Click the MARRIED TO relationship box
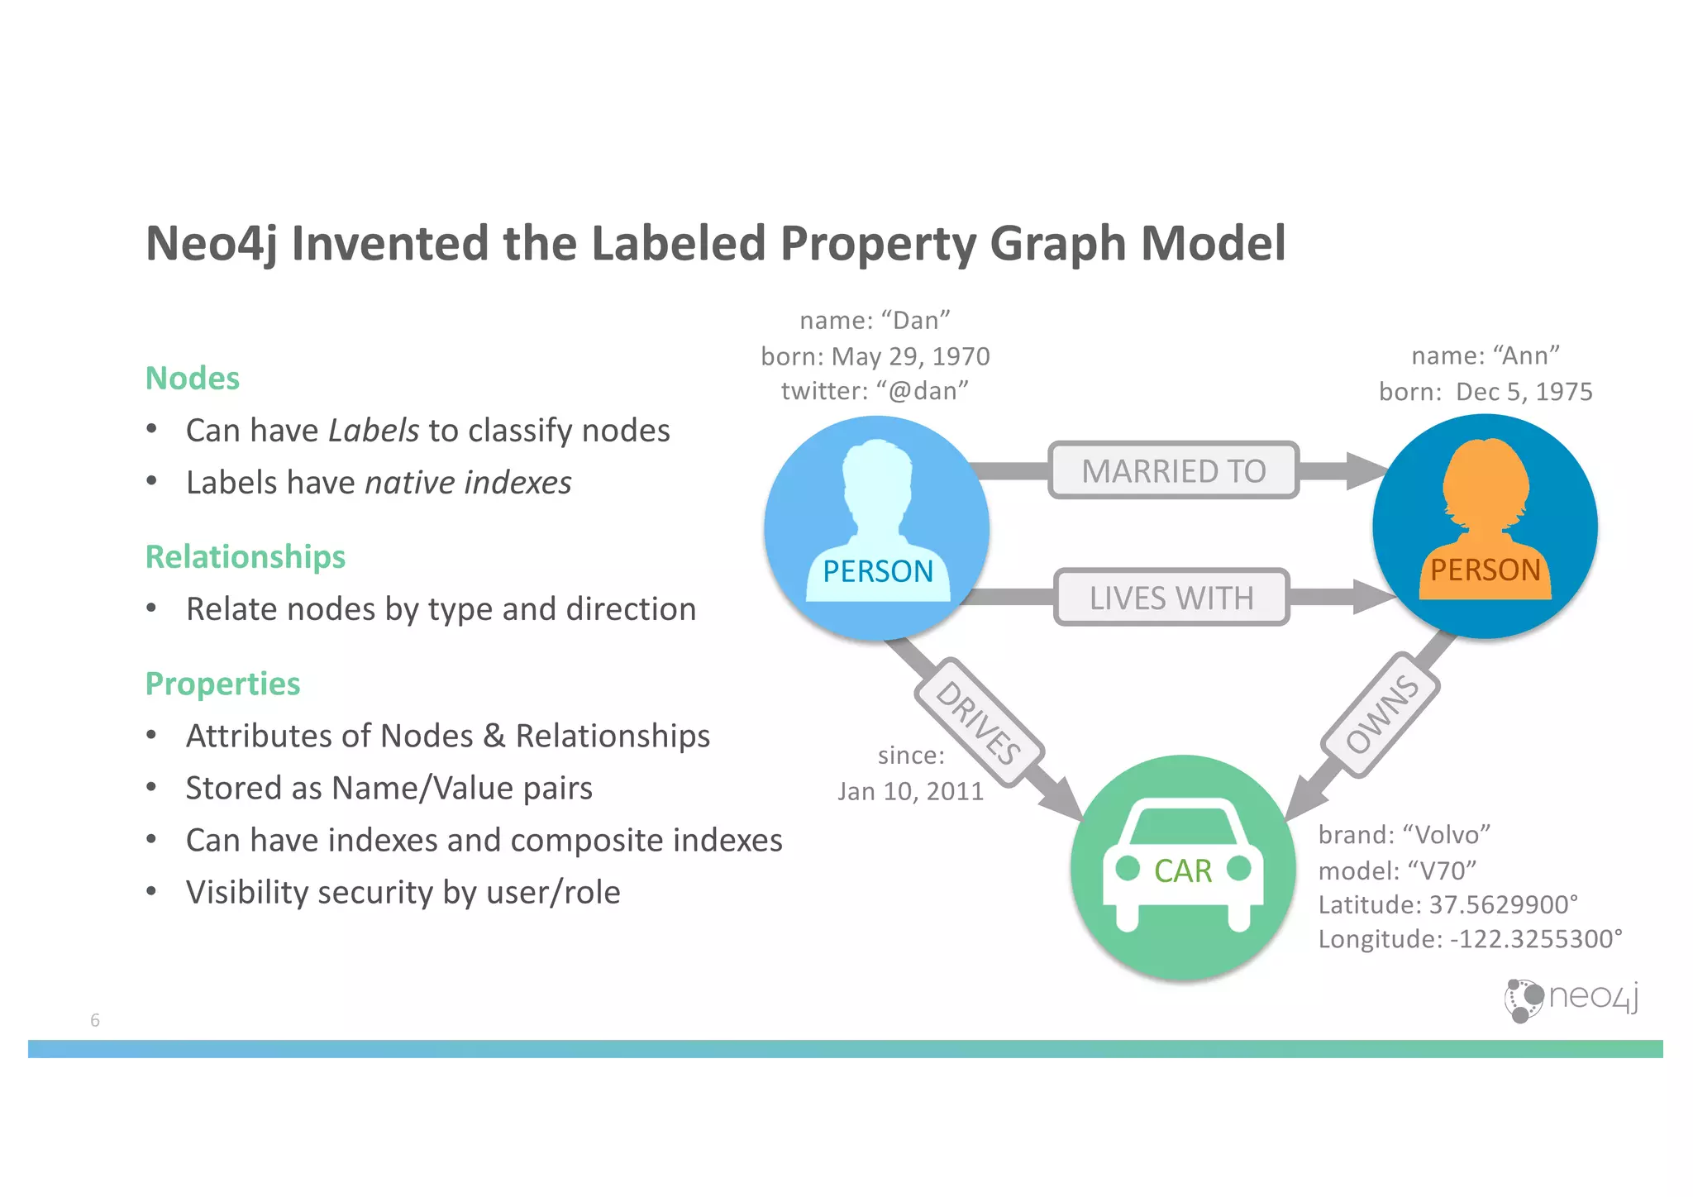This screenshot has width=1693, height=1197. coord(1173,470)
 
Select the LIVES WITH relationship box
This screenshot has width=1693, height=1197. coord(1171,597)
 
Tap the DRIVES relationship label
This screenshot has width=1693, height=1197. coord(979,722)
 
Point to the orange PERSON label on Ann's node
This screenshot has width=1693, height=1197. coord(1485,570)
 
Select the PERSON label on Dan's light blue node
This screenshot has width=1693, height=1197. coord(877,571)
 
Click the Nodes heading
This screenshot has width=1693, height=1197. coord(192,379)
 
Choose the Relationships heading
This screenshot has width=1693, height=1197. coord(246,557)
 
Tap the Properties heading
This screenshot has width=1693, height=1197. coord(222,684)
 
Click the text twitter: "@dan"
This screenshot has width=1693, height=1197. coord(875,391)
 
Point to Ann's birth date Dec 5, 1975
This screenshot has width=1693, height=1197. coord(1524,392)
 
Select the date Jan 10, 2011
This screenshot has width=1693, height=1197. coord(910,792)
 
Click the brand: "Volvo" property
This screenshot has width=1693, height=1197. coord(1404,835)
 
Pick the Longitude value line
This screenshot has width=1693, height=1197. coord(1470,940)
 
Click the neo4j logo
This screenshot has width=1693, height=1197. coord(1571,999)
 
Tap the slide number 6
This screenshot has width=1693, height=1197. coord(95,1020)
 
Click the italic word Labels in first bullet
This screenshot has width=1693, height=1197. coord(374,431)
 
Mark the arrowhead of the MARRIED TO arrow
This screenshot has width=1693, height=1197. coord(1366,470)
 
